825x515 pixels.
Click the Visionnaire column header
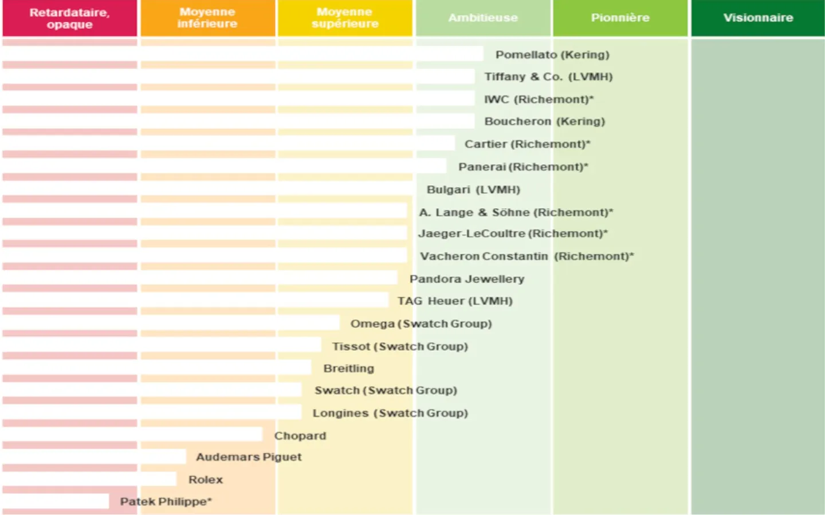coord(758,18)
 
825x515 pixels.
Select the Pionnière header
coord(620,18)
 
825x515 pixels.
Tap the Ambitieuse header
coord(483,18)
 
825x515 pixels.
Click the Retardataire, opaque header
coord(69,18)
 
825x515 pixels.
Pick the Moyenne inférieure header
coord(207,18)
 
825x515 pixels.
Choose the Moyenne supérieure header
coord(345,18)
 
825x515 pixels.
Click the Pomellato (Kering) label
coord(552,55)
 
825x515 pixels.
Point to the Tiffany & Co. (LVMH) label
coord(548,77)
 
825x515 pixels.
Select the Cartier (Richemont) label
coord(527,144)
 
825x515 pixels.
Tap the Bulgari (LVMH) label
coord(473,189)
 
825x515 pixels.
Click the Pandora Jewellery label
coord(467,279)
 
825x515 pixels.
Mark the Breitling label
coord(348,369)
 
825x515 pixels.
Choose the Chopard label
coord(300,435)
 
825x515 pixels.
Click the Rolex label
coord(205,480)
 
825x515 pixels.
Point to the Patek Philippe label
coord(166,502)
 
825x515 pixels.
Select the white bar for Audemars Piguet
coord(95,457)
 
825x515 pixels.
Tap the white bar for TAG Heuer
coord(195,300)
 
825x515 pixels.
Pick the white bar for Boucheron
coord(238,121)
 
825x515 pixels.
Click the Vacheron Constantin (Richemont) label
coord(527,256)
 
